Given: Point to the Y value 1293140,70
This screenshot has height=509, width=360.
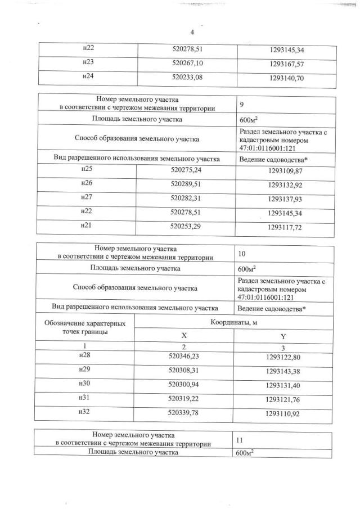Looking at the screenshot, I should click(287, 79).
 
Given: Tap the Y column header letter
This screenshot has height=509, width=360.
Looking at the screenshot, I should click(283, 336).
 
